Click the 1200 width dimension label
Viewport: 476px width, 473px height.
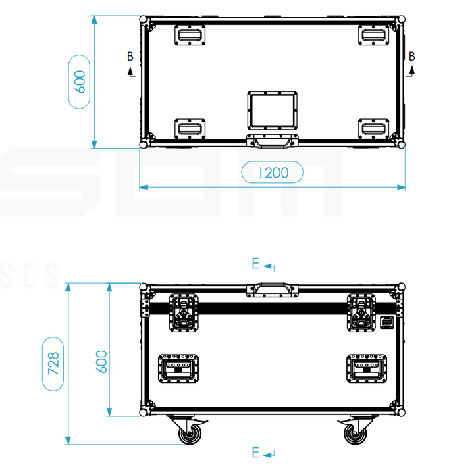[272, 172]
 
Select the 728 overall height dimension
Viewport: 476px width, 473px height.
[55, 363]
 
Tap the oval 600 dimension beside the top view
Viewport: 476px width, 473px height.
[80, 82]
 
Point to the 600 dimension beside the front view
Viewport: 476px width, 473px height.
[101, 363]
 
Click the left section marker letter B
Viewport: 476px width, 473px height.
[130, 57]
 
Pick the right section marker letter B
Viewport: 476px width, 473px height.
[411, 56]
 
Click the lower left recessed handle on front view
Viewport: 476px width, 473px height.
[178, 370]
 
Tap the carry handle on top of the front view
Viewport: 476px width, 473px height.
[272, 289]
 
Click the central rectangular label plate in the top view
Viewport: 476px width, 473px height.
[272, 111]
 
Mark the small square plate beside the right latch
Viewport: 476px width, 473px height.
[387, 323]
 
